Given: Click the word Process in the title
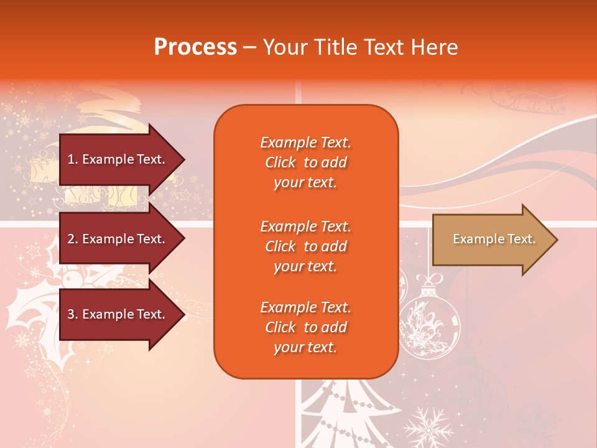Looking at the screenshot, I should [195, 47].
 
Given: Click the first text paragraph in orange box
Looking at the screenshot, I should [305, 162].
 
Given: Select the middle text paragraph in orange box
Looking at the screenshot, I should [305, 246].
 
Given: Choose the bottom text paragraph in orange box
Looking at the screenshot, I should [305, 327].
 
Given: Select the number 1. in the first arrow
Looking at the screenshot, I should [73, 159].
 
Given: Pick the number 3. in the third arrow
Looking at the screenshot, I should [73, 314].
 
